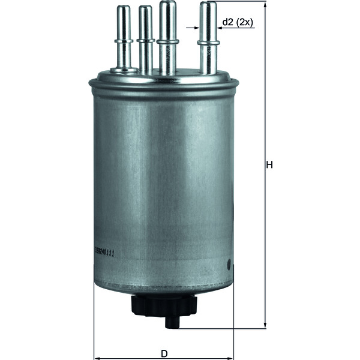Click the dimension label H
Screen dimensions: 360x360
pos(270,164)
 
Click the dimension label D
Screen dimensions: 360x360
pos(164,353)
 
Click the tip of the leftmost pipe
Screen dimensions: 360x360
pos(124,9)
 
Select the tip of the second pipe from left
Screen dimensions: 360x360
pos(145,10)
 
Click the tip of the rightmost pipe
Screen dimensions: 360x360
pos(208,6)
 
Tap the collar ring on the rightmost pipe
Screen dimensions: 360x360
pos(208,42)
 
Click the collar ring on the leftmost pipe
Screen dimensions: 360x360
pos(124,41)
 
